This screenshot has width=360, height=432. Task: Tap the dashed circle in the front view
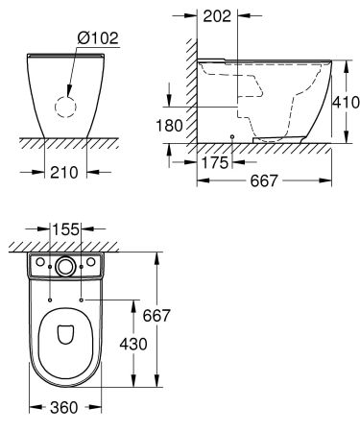tap(65, 106)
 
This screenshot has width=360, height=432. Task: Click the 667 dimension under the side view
tap(265, 181)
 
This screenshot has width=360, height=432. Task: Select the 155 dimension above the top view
tap(65, 230)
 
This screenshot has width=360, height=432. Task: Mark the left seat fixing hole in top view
tap(48, 300)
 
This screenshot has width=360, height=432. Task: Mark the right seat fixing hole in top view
tap(83, 300)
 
